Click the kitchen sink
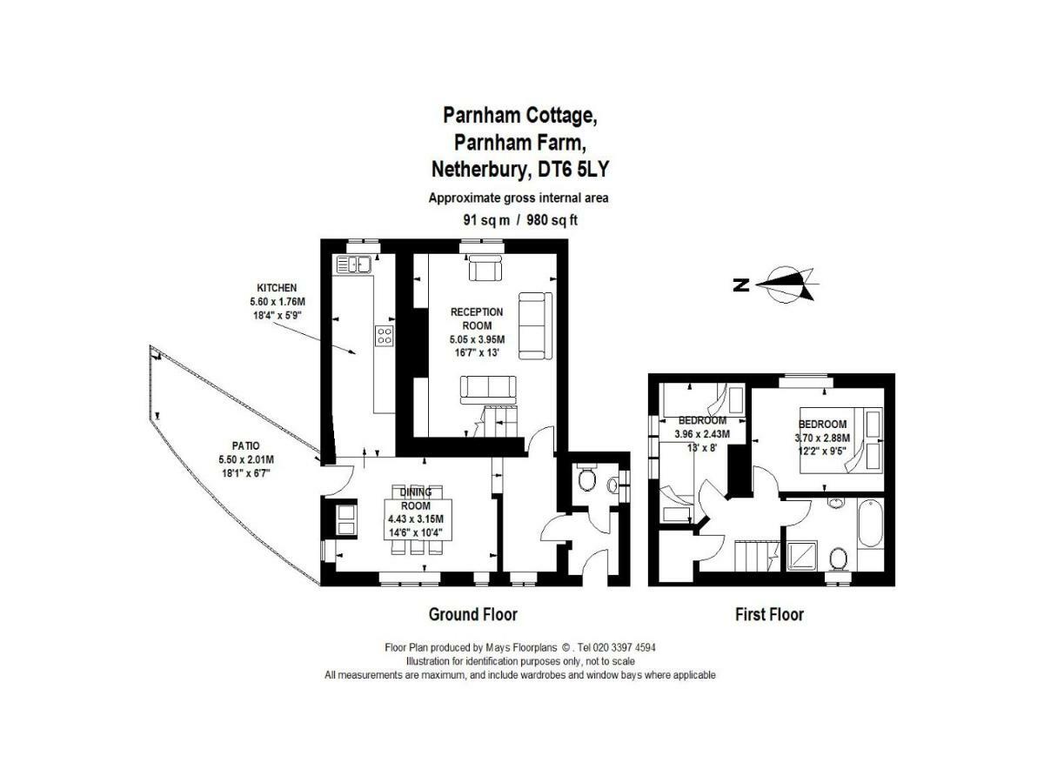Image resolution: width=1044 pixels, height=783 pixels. pyautogui.click(x=353, y=264)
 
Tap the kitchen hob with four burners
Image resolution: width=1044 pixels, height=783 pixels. pyautogui.click(x=384, y=335)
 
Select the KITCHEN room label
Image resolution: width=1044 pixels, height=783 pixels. pyautogui.click(x=277, y=288)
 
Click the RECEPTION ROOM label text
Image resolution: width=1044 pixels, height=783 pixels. pyautogui.click(x=477, y=318)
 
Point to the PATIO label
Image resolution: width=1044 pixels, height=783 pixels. pyautogui.click(x=246, y=445)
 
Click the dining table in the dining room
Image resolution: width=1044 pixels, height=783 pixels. pyautogui.click(x=418, y=519)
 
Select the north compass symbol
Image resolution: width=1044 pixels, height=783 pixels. pyautogui.click(x=786, y=284)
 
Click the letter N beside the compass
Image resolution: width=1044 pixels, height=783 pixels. pyautogui.click(x=741, y=284)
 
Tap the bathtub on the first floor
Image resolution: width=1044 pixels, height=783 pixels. pyautogui.click(x=870, y=523)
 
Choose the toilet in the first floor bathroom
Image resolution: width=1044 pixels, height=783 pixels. pyautogui.click(x=838, y=559)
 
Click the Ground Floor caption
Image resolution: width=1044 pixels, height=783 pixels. pyautogui.click(x=472, y=614)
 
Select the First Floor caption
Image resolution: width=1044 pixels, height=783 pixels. pyautogui.click(x=769, y=614)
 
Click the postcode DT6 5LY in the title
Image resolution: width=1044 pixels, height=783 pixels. pyautogui.click(x=572, y=170)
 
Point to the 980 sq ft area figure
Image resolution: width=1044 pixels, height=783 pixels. pyautogui.click(x=552, y=220)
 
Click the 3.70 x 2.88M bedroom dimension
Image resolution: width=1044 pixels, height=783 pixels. pyautogui.click(x=822, y=438)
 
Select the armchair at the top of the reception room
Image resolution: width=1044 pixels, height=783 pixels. pyautogui.click(x=485, y=268)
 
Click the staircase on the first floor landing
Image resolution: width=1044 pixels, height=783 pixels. pyautogui.click(x=756, y=555)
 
